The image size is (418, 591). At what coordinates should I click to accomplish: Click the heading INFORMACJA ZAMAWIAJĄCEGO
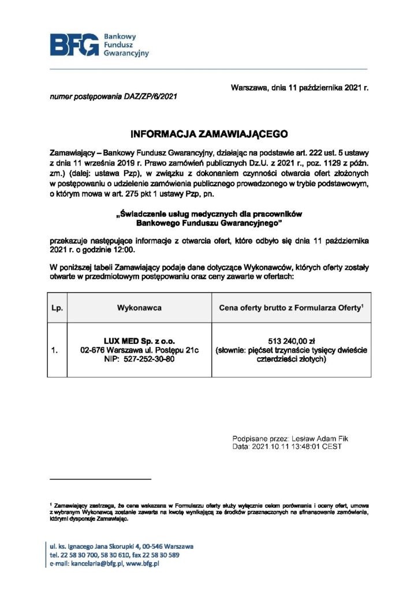click(209, 133)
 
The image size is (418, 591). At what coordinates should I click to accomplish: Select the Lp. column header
click(57, 308)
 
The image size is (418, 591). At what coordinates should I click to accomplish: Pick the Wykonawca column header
click(139, 308)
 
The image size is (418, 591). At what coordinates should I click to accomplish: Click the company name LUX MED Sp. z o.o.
click(139, 341)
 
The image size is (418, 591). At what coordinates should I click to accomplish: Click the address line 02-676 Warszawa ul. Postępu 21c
click(139, 350)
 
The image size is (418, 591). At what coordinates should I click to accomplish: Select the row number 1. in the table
click(55, 350)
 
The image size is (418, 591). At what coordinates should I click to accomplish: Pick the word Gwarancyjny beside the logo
click(126, 53)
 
